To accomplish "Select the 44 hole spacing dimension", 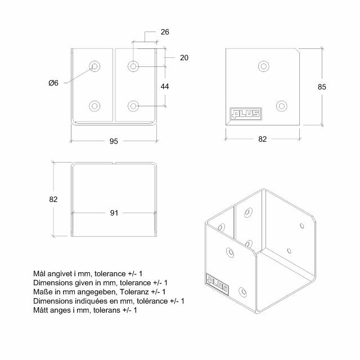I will click(x=165, y=86).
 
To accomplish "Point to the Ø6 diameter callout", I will click(x=53, y=83).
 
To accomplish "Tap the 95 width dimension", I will click(x=114, y=141).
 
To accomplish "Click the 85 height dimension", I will click(x=322, y=87).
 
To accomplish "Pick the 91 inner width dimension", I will click(x=114, y=213).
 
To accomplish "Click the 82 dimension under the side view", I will click(x=262, y=139).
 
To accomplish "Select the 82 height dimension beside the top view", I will click(x=53, y=199).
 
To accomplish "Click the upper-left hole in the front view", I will click(x=94, y=66).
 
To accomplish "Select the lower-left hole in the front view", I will click(x=94, y=105).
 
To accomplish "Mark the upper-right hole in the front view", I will click(x=133, y=66).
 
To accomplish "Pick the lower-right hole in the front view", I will click(x=133, y=105).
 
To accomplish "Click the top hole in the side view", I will click(x=263, y=66).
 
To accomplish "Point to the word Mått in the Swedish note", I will click(x=43, y=310).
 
